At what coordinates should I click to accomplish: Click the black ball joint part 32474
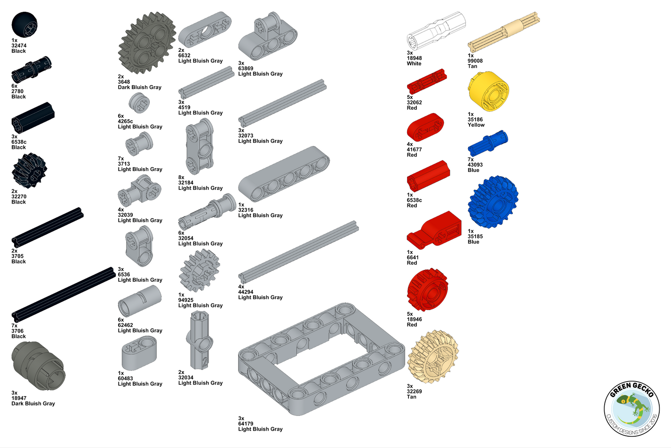tap(24, 24)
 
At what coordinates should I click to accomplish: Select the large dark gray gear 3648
tap(147, 42)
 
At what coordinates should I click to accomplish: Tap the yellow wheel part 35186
tap(488, 91)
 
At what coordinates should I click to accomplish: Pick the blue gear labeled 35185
tap(493, 202)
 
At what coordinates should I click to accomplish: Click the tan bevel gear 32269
tap(433, 357)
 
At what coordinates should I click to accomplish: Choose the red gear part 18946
tap(427, 289)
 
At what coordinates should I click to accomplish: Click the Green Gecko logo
tap(632, 408)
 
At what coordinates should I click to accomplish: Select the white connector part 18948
tap(436, 31)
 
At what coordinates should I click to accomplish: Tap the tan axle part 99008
tap(504, 32)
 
